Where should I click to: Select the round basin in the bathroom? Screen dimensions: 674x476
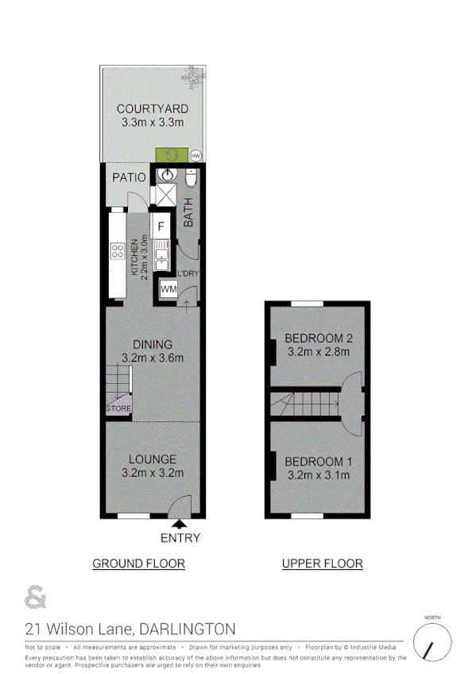click(x=168, y=176)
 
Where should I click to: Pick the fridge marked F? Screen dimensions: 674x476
click(x=161, y=226)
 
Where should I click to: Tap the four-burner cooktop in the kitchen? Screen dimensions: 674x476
click(x=117, y=252)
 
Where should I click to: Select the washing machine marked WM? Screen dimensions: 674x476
click(x=168, y=290)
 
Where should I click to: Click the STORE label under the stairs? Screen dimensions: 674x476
click(x=118, y=409)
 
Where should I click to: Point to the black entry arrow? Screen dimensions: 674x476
click(x=180, y=523)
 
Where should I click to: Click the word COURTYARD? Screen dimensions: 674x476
click(x=153, y=109)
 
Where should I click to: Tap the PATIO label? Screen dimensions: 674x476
click(x=129, y=177)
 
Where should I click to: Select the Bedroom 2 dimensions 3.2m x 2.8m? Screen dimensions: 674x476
click(x=318, y=352)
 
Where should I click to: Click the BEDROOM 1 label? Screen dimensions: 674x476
click(x=318, y=462)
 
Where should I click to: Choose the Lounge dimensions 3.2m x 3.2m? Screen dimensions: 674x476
click(x=153, y=474)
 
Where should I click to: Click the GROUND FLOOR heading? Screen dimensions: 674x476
click(x=139, y=564)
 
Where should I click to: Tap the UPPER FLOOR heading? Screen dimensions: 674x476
click(x=323, y=564)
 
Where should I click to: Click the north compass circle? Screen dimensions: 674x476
click(x=432, y=642)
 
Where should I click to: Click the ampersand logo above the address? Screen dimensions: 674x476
click(x=35, y=596)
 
